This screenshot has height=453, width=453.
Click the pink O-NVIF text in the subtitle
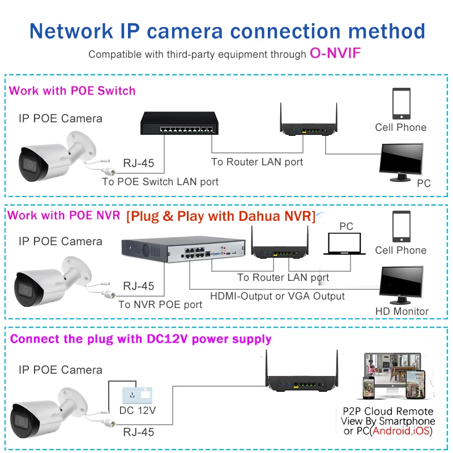[x=335, y=54]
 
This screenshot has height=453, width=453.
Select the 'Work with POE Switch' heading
[x=72, y=91]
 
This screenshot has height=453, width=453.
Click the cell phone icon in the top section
[x=401, y=103]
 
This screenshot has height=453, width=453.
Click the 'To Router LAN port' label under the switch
[x=257, y=162]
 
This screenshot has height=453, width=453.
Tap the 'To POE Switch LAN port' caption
[x=160, y=182]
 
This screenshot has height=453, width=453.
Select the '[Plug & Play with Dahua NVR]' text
[x=221, y=216]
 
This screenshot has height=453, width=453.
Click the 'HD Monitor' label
[x=402, y=311]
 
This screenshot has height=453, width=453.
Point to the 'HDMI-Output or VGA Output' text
[x=277, y=296]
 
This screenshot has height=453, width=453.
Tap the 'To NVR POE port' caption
[x=160, y=305]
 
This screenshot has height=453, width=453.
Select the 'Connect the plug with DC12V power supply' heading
[x=141, y=339]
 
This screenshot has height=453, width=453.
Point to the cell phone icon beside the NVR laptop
[x=401, y=226]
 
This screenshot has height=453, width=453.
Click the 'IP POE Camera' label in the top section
[x=61, y=118]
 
